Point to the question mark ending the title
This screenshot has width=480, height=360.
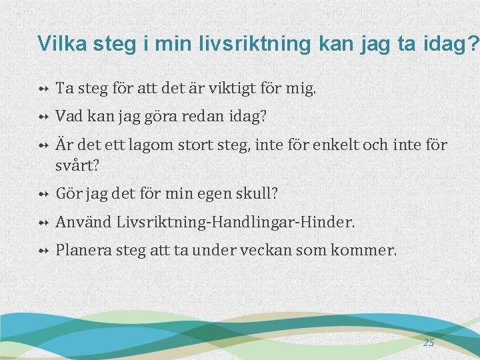tap(473, 43)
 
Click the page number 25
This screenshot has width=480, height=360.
tap(428, 343)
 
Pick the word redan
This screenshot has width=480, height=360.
tap(203, 116)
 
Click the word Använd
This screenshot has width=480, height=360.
tap(84, 222)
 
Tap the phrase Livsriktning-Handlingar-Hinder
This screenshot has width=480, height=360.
tap(236, 222)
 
